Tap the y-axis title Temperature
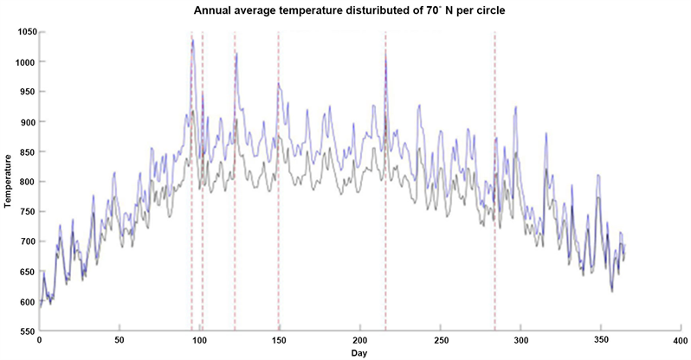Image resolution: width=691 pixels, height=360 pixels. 8,181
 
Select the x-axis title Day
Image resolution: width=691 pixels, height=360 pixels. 358,354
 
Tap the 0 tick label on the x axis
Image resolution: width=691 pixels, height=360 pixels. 40,341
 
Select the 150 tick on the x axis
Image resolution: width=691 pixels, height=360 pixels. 280,341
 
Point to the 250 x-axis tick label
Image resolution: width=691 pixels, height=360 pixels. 440,341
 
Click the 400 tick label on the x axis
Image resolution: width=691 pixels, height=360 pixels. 681,341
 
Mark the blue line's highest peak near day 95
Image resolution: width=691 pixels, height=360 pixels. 192,39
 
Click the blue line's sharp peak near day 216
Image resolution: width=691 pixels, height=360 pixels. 385,52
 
